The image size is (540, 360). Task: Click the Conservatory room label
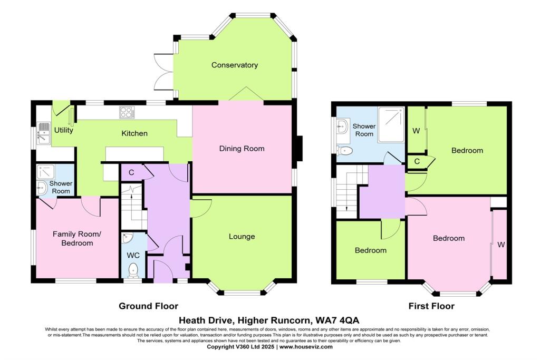click(235, 65)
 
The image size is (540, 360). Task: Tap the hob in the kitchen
click(127, 112)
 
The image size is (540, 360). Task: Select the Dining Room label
click(242, 149)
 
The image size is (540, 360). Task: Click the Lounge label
click(242, 236)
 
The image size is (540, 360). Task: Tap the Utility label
click(63, 130)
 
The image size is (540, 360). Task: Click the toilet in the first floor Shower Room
click(345, 151)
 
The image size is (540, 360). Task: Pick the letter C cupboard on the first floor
click(417, 162)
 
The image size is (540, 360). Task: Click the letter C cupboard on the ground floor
click(131, 172)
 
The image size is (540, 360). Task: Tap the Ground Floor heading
click(148, 306)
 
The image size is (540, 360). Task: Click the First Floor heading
click(431, 306)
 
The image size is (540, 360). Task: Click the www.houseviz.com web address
click(306, 347)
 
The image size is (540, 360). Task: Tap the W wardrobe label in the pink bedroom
click(500, 245)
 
